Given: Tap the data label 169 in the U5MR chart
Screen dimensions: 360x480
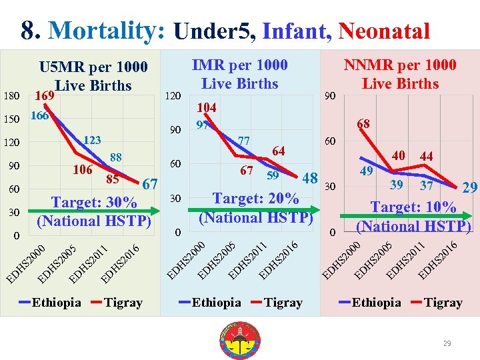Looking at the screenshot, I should click(x=45, y=95).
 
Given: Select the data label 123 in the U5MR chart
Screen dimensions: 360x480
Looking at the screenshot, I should click(x=92, y=140).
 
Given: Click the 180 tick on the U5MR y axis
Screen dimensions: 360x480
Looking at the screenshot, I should click(x=12, y=96).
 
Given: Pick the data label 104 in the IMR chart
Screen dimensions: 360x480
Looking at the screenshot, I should click(x=207, y=107).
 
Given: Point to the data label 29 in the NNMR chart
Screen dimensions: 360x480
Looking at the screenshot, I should click(x=470, y=189).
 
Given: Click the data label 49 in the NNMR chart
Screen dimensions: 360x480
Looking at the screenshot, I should click(x=366, y=171).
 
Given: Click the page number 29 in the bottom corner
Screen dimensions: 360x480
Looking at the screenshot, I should click(x=447, y=343).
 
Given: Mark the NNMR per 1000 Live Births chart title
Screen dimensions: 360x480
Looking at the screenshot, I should click(x=400, y=74).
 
